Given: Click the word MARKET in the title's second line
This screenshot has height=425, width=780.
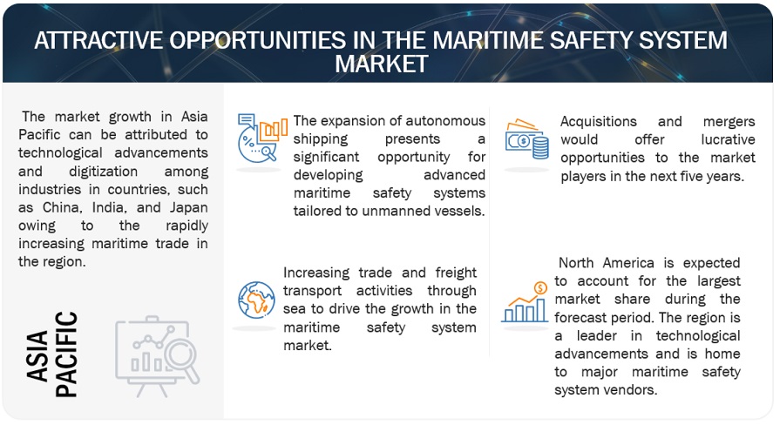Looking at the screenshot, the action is pos(382,64).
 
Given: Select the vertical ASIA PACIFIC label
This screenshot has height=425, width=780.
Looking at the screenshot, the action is pos(51,354).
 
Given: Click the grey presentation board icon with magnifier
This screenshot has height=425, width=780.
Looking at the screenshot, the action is pos(157,356).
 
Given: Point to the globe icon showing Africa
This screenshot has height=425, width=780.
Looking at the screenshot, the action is pos(256,300).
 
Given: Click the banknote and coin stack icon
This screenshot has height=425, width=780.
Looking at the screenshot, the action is pos(526,138).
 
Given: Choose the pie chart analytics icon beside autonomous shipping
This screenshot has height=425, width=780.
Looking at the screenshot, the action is pos(262,138).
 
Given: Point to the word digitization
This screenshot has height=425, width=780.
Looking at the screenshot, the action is pos(103,172).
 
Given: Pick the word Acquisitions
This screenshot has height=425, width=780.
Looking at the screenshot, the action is pos(599,122).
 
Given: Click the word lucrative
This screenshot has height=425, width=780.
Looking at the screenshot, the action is pos(728,139).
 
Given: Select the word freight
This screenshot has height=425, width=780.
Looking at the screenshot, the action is pos(456,273).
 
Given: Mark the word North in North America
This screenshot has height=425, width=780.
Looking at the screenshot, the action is pos(575,263).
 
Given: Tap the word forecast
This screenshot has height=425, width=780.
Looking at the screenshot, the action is pos(579,318).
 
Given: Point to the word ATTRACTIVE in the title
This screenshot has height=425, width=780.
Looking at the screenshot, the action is pos(98,40).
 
